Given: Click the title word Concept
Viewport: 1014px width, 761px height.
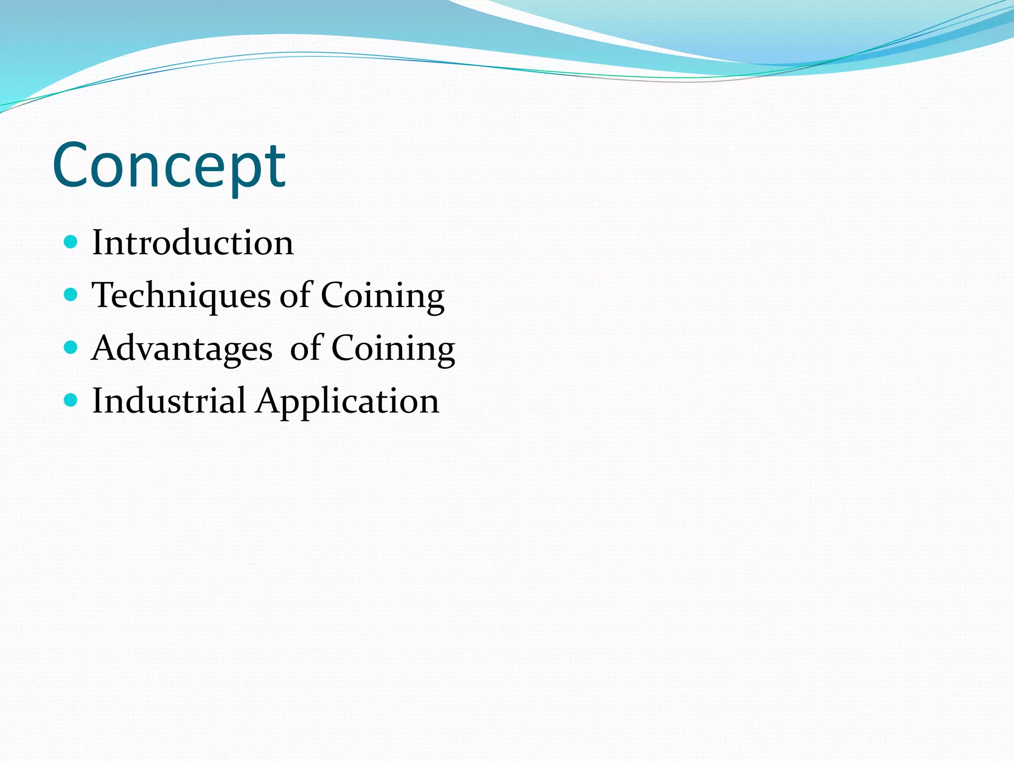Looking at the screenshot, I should (x=168, y=166).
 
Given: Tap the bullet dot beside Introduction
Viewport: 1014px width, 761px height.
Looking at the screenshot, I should (x=71, y=242).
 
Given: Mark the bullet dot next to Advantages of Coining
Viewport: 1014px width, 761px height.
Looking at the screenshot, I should (x=71, y=348).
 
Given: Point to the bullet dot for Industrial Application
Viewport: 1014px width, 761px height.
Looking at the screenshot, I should (x=71, y=400).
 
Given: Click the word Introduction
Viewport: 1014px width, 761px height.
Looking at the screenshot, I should (x=193, y=243).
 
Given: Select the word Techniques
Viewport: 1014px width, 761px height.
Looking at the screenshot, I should (x=181, y=296).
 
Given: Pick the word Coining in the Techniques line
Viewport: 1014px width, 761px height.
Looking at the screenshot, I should (x=382, y=296).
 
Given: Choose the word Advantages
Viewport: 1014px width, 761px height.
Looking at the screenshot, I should (x=182, y=349).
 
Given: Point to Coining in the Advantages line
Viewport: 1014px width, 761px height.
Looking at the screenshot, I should (x=393, y=349).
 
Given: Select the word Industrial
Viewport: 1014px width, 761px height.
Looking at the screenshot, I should (x=169, y=401).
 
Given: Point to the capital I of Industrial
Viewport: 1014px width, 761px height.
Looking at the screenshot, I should (x=98, y=401).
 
